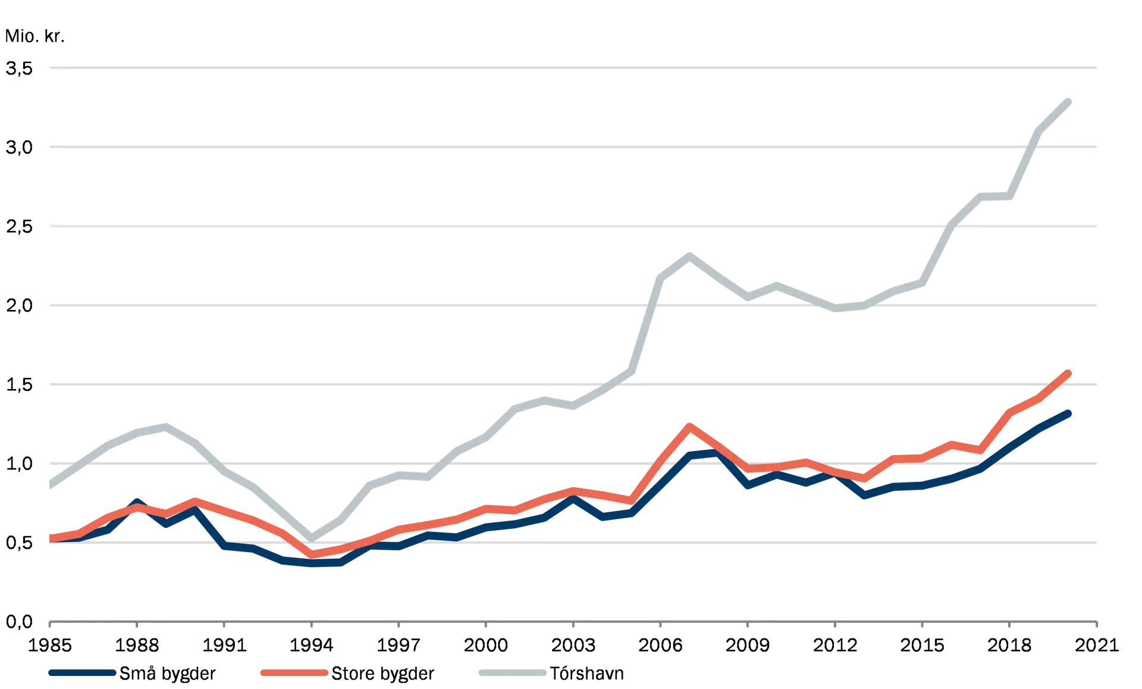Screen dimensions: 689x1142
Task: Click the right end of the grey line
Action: tap(1070, 100)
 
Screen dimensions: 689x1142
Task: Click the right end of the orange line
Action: tap(1070, 372)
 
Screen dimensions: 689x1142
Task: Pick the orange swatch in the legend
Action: tap(293, 673)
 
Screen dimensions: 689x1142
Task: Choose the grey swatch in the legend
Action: tap(512, 673)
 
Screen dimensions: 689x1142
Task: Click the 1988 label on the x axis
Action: tap(138, 644)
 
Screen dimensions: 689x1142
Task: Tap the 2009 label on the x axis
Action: tap(748, 644)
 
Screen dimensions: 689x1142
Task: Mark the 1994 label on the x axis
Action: tap(312, 644)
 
